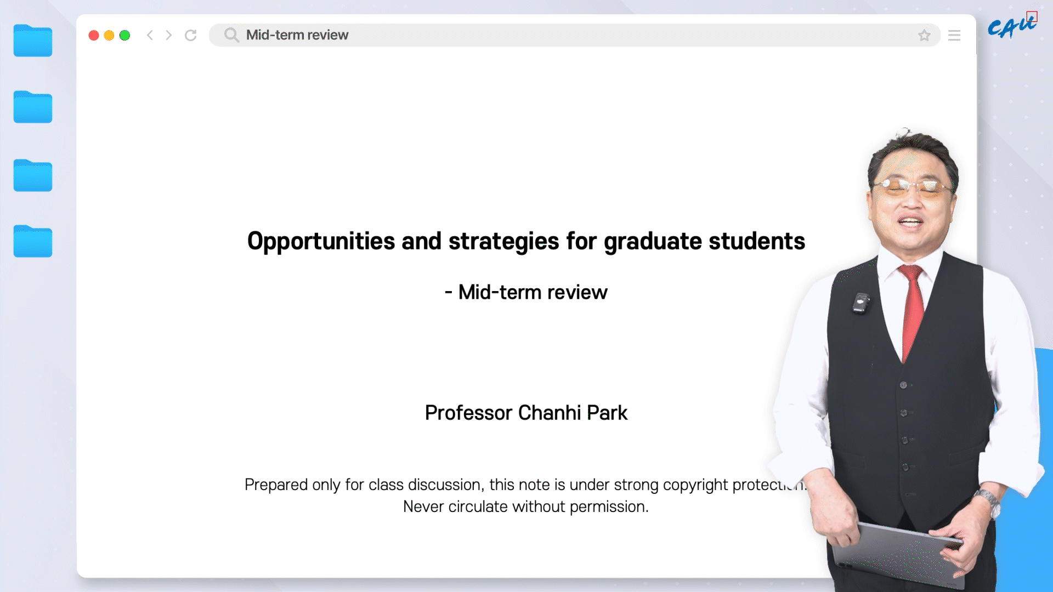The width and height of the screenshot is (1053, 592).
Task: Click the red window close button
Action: pos(94,36)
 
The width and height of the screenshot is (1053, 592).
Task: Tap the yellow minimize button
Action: pos(109,36)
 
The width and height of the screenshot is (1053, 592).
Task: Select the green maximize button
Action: pos(125,36)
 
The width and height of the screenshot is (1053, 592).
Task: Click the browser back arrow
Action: pos(150,36)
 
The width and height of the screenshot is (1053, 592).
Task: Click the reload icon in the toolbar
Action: pos(191,36)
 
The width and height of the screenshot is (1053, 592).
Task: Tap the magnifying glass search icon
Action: pos(231,35)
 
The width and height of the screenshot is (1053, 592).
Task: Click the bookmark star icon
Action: pos(925,36)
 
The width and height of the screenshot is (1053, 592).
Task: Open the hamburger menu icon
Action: pos(954,36)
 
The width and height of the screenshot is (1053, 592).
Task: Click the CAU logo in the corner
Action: pos(1012,25)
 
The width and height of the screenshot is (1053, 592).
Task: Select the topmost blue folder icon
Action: pos(33,41)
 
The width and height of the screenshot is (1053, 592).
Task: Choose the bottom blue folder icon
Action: pos(33,241)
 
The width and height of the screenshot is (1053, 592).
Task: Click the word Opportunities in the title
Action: pos(321,242)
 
